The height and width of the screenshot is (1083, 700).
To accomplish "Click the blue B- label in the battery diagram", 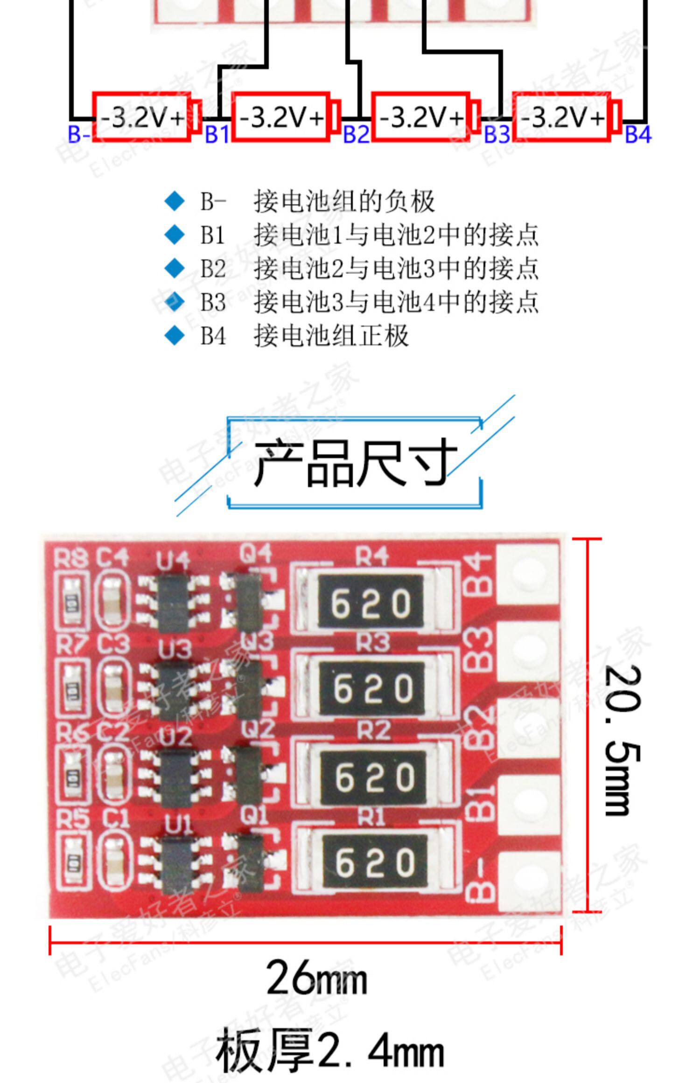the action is (x=79, y=134).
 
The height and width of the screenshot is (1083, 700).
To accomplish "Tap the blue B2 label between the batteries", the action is (x=356, y=134).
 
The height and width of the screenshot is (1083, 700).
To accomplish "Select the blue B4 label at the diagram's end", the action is (x=637, y=134).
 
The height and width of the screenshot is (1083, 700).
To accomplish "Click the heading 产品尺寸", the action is (x=355, y=463).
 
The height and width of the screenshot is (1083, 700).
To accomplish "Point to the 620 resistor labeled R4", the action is (x=371, y=602).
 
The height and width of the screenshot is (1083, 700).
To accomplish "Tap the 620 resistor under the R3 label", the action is (x=372, y=688).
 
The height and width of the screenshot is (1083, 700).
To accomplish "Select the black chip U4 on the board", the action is (x=173, y=600).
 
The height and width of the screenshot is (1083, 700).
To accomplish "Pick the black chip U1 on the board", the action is (x=178, y=862).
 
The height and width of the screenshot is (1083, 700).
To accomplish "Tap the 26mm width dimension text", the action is (x=316, y=978).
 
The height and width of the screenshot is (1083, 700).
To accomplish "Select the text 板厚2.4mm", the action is (x=329, y=1050).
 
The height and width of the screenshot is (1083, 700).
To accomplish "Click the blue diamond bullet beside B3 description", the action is (x=175, y=301).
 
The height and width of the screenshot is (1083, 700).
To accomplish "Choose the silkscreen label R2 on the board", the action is (x=373, y=730).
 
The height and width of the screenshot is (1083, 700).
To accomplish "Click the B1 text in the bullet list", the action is (x=212, y=235).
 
